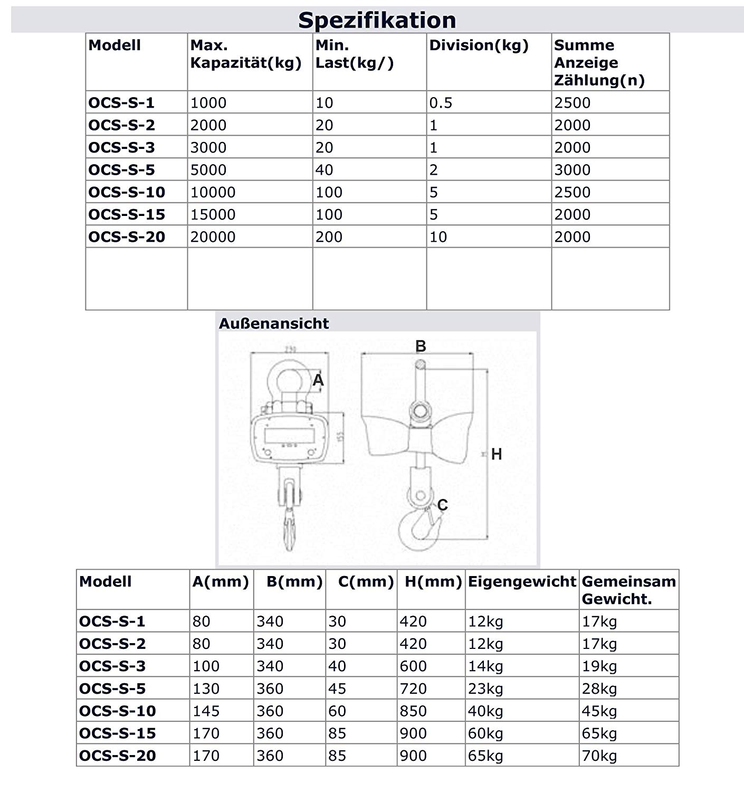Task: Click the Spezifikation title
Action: pos(377,20)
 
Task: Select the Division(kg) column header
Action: pos(479,45)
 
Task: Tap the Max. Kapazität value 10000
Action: pos(213,192)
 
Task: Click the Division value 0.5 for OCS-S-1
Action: pos(441,102)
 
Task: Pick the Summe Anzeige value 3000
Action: pos(572,169)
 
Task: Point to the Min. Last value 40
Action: pos(324,169)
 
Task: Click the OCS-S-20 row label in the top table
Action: pos(127,237)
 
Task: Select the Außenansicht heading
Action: pos(274,323)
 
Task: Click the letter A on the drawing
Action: pos(318,380)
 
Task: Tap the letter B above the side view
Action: pos(421,346)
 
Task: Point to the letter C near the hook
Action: pos(442,505)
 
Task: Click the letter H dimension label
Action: pos(496,454)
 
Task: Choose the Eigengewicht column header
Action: pos(522,581)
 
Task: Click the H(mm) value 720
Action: pos(413,689)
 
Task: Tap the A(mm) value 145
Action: pos(206,711)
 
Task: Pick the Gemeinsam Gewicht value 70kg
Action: pos(599,756)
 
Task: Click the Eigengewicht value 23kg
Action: pos(485,689)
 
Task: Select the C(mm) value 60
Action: pos(337,711)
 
